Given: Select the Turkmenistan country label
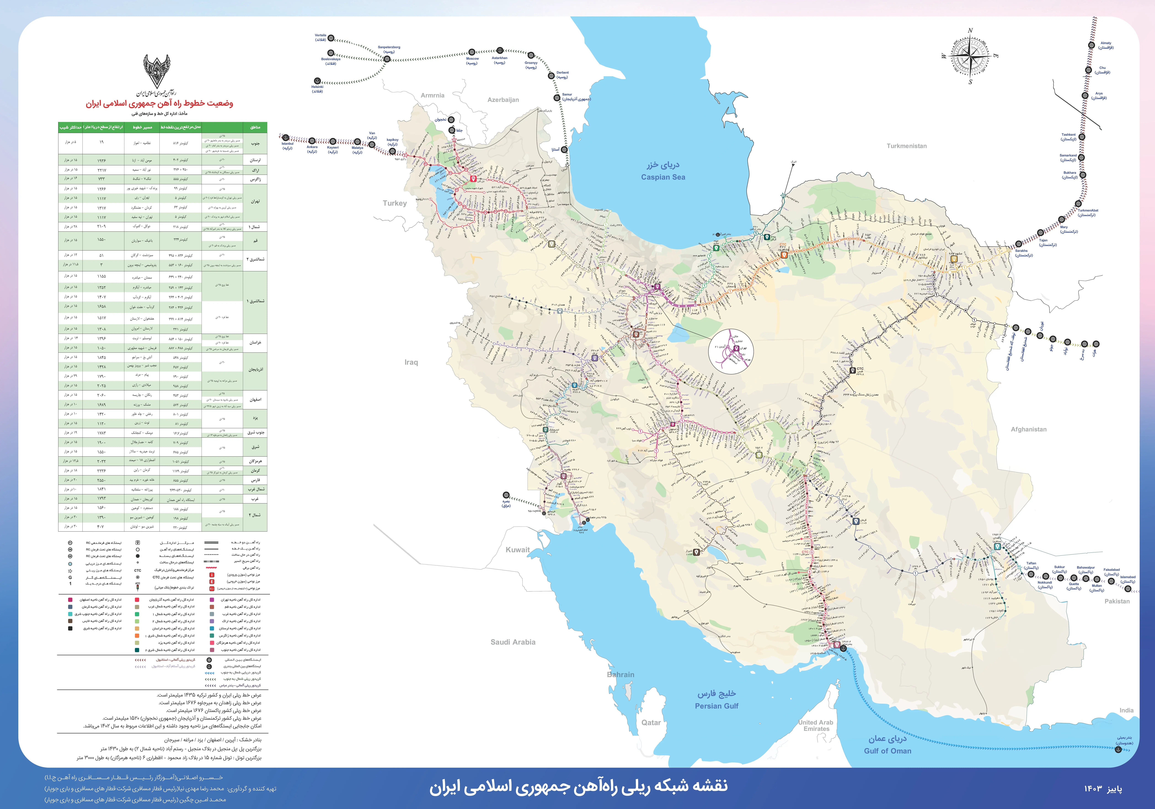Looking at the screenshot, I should tap(907, 146).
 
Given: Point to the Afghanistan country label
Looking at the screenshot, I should tap(1029, 429).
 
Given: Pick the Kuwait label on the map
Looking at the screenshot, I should tap(518, 550).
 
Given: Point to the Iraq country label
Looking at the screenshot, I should tap(411, 362).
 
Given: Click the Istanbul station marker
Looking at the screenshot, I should tap(286, 137).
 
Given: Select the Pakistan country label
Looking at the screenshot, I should tap(1117, 601).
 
